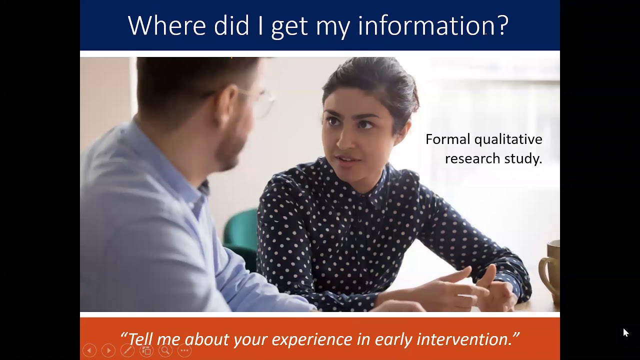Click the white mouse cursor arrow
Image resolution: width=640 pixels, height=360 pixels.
click(x=625, y=332)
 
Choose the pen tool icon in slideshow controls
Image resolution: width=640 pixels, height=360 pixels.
click(x=127, y=350)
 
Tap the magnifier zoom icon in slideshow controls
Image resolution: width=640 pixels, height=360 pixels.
click(x=165, y=350)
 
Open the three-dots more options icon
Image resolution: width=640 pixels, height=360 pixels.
click(x=184, y=350)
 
